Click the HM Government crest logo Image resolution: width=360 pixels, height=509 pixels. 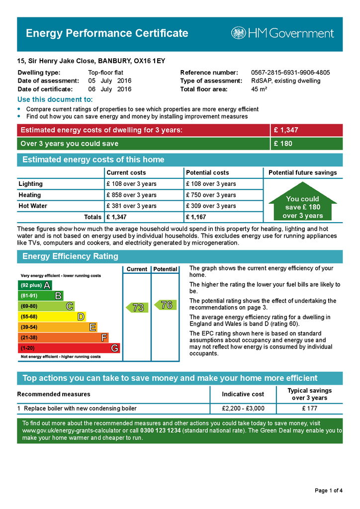[238, 33]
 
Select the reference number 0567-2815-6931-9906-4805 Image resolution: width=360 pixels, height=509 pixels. [290, 73]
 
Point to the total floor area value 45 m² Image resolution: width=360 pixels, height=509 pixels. [259, 89]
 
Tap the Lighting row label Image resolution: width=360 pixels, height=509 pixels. [31, 184]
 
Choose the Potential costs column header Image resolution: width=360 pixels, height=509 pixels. [207, 172]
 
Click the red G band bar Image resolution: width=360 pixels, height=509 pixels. [69, 348]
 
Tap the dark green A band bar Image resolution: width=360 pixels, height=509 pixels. [34, 285]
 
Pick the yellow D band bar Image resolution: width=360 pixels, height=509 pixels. [52, 317]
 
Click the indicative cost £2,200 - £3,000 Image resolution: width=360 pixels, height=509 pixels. [243, 409]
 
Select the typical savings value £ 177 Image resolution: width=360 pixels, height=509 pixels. [310, 409]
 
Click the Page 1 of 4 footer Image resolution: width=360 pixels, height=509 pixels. [329, 491]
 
